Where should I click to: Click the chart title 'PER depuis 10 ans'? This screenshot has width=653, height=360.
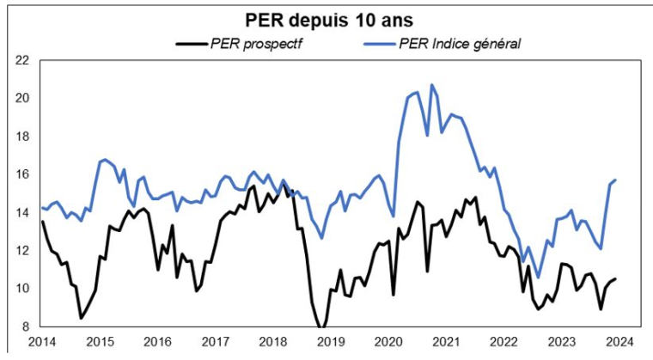329,18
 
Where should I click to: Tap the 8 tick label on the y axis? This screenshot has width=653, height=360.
25,326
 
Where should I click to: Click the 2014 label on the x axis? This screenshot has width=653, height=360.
42,341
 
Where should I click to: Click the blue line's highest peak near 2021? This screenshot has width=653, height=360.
431,85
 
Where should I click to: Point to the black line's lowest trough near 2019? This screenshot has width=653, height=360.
321,327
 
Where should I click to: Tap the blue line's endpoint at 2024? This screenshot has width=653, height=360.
616,180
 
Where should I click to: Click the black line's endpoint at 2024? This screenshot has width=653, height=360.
616,278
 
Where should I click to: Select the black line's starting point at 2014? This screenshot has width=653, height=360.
43,222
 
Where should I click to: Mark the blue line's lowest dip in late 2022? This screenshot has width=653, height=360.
539,277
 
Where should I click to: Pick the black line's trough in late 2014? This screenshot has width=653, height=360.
81,318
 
